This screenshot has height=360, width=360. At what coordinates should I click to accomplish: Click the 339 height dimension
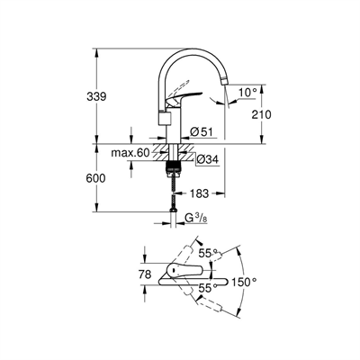(x=96, y=96)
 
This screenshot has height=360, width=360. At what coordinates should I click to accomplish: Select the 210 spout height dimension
(x=261, y=114)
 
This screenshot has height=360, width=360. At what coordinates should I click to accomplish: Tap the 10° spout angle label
(x=248, y=93)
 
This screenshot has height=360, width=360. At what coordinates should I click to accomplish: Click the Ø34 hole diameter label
(x=208, y=160)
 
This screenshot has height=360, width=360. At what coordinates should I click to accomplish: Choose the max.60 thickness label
(x=130, y=153)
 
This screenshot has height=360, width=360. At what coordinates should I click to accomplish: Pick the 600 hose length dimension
(x=95, y=178)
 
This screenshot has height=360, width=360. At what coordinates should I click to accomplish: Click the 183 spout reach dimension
(x=199, y=193)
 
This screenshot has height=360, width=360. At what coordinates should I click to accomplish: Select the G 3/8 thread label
(x=196, y=218)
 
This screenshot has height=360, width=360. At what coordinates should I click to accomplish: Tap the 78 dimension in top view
(x=146, y=274)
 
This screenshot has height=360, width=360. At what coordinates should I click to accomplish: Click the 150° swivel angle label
(x=245, y=282)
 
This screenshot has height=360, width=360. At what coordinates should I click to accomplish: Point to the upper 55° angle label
(x=207, y=254)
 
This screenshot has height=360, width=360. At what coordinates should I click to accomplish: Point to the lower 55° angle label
(x=208, y=288)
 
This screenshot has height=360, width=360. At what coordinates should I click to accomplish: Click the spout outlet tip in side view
(x=224, y=81)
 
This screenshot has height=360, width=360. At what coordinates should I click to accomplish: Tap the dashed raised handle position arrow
(x=178, y=85)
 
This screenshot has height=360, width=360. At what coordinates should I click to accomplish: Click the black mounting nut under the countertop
(x=174, y=166)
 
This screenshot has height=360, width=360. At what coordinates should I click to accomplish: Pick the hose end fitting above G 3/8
(x=173, y=211)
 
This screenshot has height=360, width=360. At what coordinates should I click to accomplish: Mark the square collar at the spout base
(x=165, y=118)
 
